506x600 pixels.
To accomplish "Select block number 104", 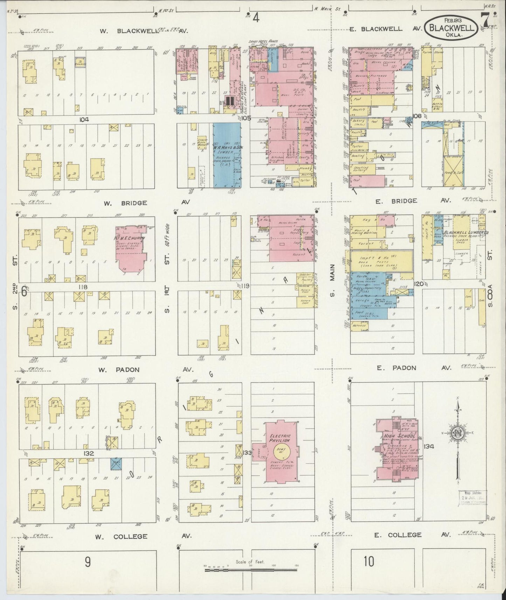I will click(x=84, y=119).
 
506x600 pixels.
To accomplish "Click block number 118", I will click(x=83, y=287).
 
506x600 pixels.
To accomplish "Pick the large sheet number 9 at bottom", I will click(x=87, y=562).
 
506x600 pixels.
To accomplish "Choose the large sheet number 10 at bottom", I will click(x=368, y=561).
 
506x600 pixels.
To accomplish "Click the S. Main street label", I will click(x=332, y=280).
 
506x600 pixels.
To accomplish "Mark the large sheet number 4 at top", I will click(x=256, y=18).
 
